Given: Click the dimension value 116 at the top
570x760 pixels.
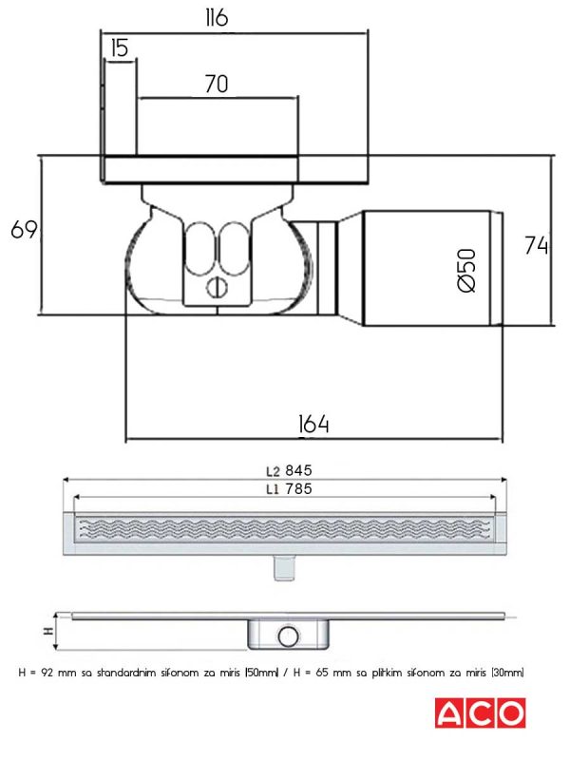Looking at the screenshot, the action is tap(217, 18).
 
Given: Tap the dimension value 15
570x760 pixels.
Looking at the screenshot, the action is tap(120, 48).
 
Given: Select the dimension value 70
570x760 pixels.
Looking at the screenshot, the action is tap(217, 84).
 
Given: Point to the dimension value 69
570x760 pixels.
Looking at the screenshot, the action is tap(24, 229).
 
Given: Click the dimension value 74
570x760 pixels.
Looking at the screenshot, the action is tap(537, 245).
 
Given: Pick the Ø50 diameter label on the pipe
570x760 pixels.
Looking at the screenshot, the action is tap(466, 270).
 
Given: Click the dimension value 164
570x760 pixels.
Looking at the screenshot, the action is tap(313, 424).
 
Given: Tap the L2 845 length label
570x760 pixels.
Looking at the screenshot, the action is tap(289, 470).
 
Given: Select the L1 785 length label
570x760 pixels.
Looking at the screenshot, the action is tap(289, 489).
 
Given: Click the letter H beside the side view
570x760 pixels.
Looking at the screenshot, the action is tap(49, 631).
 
